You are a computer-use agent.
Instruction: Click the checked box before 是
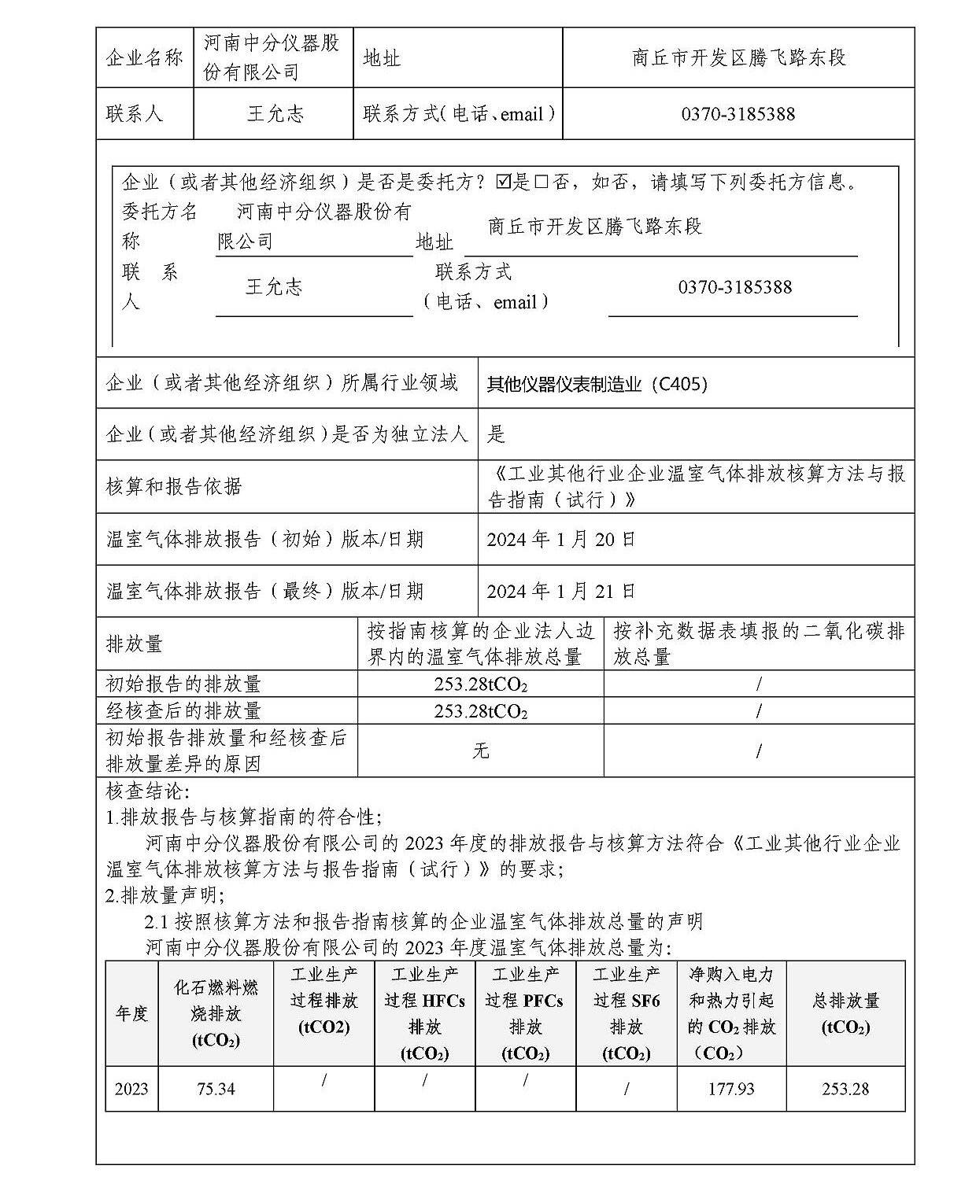coord(504,183)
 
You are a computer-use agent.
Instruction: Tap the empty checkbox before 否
coord(542,183)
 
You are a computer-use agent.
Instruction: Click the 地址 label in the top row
coord(382,58)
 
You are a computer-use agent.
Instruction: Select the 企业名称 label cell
coord(144,58)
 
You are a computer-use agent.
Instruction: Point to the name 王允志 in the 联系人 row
coord(275,114)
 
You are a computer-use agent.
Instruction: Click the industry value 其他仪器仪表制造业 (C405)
coord(597,384)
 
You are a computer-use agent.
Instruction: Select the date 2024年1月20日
coord(561,540)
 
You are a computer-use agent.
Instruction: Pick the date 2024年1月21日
coord(561,591)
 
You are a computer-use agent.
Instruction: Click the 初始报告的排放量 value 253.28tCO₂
coord(480,684)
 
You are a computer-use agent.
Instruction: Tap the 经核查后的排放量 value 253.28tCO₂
coord(480,711)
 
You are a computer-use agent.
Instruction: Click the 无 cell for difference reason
coord(480,751)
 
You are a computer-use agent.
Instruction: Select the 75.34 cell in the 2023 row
coord(216,1089)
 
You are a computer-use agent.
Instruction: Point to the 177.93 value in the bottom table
coord(731,1089)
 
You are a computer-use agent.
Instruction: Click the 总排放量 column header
coord(845,1013)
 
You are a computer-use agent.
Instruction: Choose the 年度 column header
coord(131,1013)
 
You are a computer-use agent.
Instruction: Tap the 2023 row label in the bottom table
coord(131,1089)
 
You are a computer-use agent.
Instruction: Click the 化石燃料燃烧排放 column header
coord(216,1013)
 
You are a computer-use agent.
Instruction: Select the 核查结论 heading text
coord(147,791)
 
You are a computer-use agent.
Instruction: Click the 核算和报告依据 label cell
coord(173,487)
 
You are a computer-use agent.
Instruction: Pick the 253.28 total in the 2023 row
coord(845,1089)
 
